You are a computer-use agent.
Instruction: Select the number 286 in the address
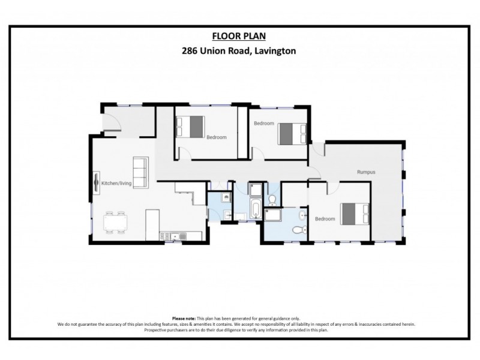[x=191, y=52]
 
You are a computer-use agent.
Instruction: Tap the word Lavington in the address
[x=275, y=52]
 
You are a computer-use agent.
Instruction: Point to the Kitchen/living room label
[x=116, y=182]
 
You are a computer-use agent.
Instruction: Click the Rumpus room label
[x=366, y=172]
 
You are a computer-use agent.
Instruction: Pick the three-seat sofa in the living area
[x=140, y=172]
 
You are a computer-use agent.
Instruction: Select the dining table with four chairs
[x=115, y=221]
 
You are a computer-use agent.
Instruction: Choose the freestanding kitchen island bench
[x=152, y=223]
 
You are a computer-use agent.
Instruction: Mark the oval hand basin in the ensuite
[x=302, y=214]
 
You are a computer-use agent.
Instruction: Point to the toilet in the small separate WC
[x=272, y=199]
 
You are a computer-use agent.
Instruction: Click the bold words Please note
[x=183, y=319]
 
